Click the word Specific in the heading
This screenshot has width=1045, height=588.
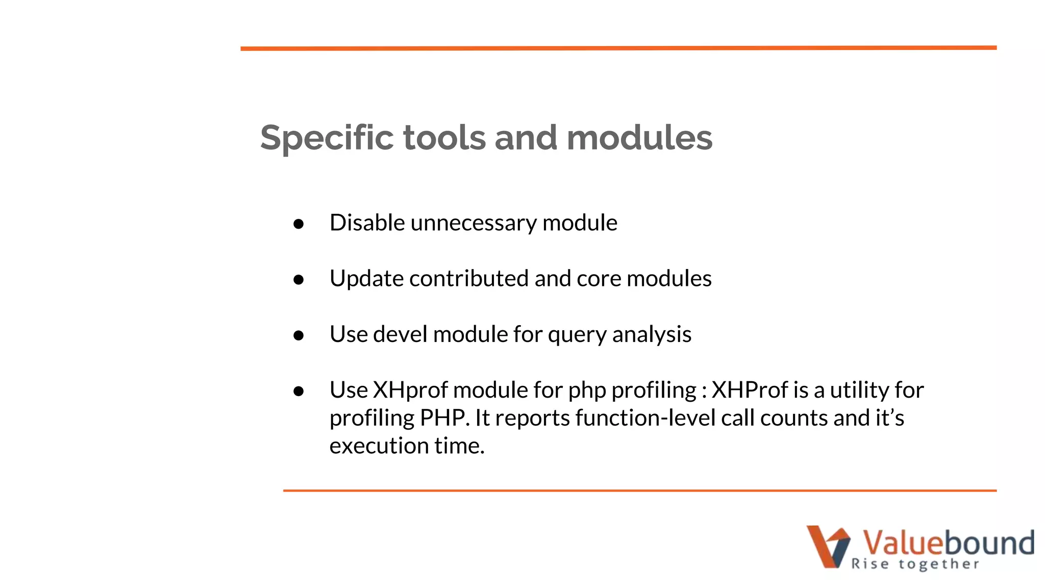327,138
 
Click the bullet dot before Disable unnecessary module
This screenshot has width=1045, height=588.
299,224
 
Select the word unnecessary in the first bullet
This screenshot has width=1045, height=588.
474,223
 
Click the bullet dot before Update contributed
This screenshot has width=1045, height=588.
299,280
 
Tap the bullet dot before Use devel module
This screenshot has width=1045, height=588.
299,335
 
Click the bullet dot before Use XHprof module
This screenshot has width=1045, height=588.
299,391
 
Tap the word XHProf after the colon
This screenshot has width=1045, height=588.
750,390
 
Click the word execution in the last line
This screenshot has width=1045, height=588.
379,446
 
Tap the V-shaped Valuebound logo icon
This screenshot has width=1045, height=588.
828,546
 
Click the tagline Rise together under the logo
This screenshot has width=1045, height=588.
915,564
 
